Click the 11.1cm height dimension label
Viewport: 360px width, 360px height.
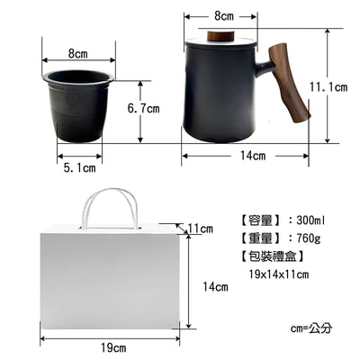pyautogui.click(x=328, y=87)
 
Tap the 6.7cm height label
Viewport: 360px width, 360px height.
pyautogui.click(x=143, y=108)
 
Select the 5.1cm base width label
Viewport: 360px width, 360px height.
pyautogui.click(x=79, y=168)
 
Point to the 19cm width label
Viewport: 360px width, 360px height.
pyautogui.click(x=113, y=348)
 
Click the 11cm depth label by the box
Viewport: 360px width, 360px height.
pyautogui.click(x=201, y=229)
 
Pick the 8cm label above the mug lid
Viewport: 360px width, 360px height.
pyautogui.click(x=224, y=16)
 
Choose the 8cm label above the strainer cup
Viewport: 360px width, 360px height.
pyautogui.click(x=78, y=54)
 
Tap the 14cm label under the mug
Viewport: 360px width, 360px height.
pyautogui.click(x=253, y=156)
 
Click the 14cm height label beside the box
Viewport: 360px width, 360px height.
pyautogui.click(x=215, y=287)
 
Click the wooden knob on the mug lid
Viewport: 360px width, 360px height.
pyautogui.click(x=220, y=36)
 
